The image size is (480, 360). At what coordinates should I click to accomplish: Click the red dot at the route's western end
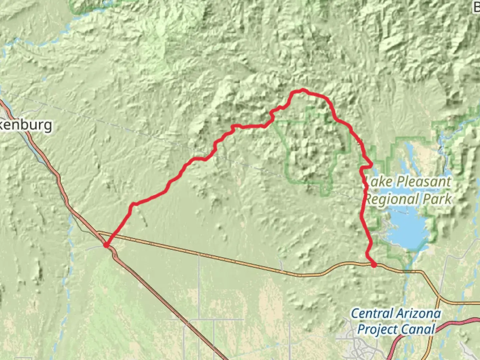tap(106, 245)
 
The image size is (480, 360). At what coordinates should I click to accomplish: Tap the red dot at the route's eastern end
tap(374, 265)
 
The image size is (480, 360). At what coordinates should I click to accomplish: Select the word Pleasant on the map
tap(424, 182)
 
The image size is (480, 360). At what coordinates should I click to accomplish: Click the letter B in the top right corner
tap(477, 7)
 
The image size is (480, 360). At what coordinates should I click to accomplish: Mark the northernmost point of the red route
tap(302, 89)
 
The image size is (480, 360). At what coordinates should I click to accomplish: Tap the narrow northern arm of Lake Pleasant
tap(409, 157)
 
